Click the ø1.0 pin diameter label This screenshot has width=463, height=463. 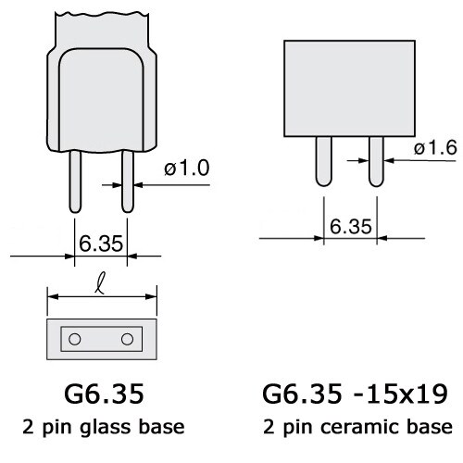pyautogui.click(x=188, y=168)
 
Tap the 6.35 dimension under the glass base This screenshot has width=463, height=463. pyautogui.click(x=100, y=244)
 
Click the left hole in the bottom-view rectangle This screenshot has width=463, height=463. pyautogui.click(x=74, y=339)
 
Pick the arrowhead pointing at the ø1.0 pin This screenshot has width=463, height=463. pyautogui.click(x=135, y=184)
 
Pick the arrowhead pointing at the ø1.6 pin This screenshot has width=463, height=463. pyautogui.click(x=386, y=159)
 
